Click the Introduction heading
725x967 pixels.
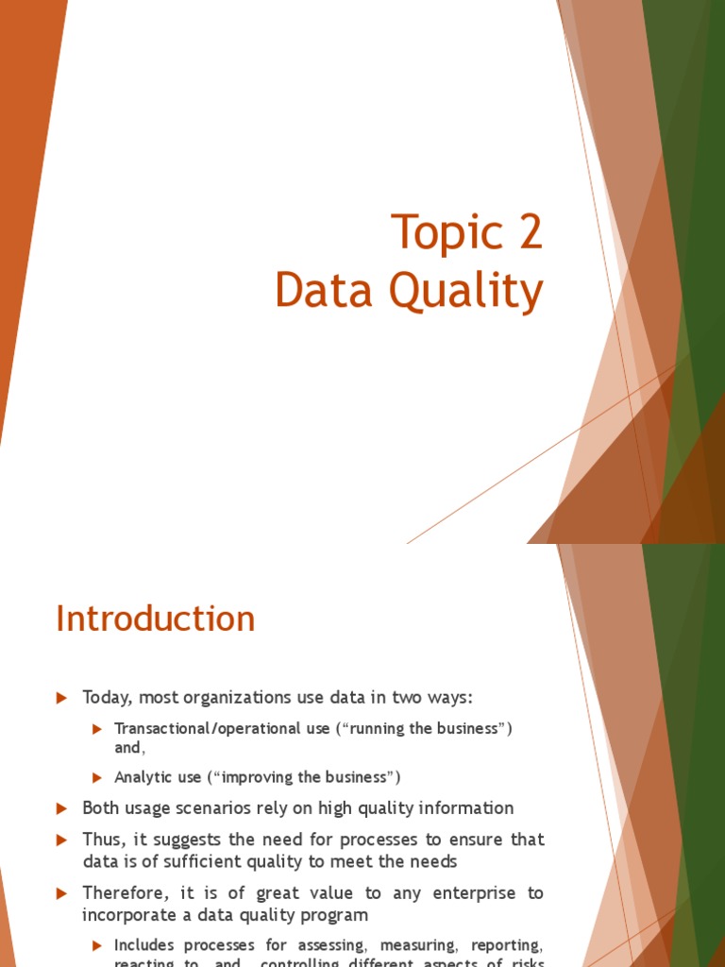coord(156,619)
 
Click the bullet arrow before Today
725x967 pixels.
coord(62,698)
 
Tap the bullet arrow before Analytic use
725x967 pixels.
coord(96,777)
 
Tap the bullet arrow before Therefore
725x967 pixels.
coord(62,892)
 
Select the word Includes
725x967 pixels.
coord(145,945)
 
